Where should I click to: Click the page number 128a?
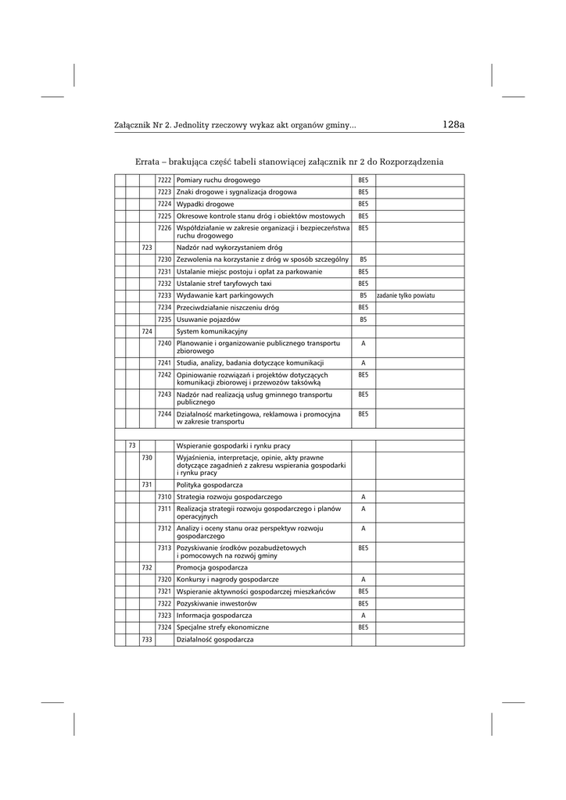tap(453, 123)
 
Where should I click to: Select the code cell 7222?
tap(164, 180)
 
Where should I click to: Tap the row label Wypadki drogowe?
tap(206, 204)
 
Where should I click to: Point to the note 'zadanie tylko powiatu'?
tap(406, 296)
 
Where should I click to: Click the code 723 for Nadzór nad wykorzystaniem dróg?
tap(147, 247)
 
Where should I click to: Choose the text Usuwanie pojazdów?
tap(207, 320)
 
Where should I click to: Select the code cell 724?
tap(147, 331)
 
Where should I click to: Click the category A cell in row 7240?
tap(363, 343)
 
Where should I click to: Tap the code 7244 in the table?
tap(164, 414)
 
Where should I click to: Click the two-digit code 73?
tap(132, 445)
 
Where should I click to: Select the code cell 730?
tap(147, 457)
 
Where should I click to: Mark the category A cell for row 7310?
tap(363, 497)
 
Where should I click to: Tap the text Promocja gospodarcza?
tap(212, 567)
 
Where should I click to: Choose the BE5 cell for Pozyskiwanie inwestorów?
tap(363, 603)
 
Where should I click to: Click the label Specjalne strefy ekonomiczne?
tap(223, 627)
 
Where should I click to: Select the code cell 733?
tap(147, 640)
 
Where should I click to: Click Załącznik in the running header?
tap(132, 124)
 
